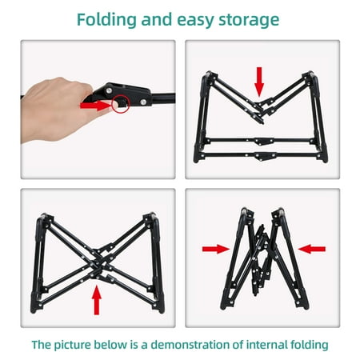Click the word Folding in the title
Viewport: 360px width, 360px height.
pos(106,20)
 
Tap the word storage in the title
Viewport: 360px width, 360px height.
pos(249,21)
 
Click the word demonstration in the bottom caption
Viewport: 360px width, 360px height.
pos(190,345)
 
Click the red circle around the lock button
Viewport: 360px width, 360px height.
pos(121,103)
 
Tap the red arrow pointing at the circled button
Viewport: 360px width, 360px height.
pos(95,106)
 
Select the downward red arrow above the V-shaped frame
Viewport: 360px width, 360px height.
pos(259,82)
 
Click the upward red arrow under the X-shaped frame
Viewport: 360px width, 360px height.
pos(97,300)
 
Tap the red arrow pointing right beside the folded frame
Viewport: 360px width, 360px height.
pos(216,249)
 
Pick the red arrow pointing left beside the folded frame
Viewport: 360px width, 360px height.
pos(312,249)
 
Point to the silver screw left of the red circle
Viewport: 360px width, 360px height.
pos(109,90)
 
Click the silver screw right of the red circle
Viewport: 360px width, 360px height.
pos(143,102)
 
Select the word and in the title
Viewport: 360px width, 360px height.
pos(157,20)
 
